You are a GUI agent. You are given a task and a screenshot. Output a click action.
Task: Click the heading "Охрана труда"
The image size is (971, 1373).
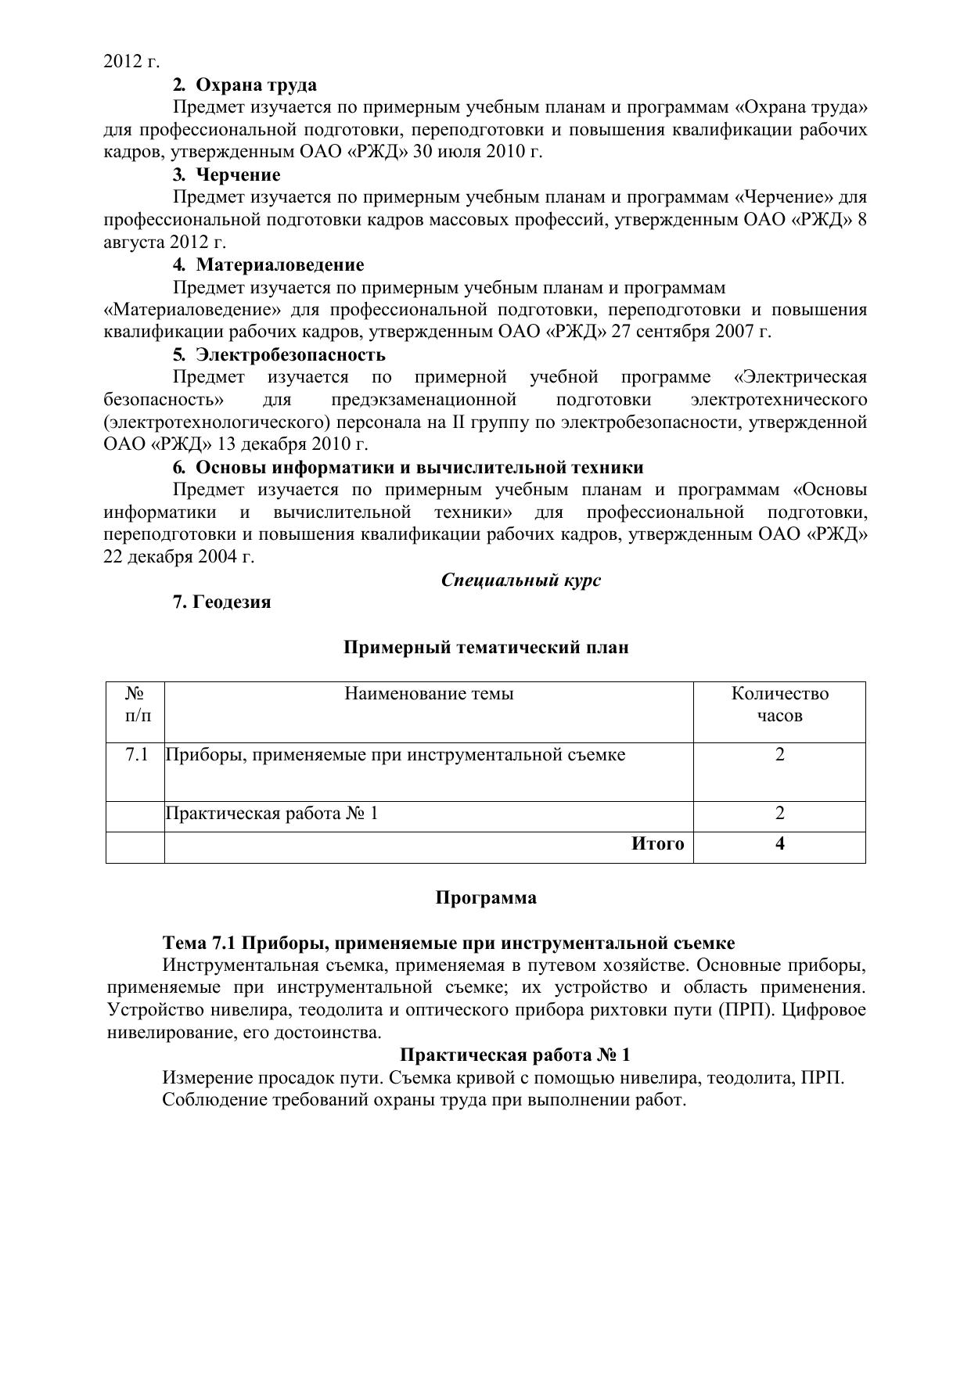[x=255, y=84]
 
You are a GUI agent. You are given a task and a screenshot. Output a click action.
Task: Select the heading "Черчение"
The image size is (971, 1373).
[x=237, y=174]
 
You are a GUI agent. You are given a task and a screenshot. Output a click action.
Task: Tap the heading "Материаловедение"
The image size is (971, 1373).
[x=279, y=264]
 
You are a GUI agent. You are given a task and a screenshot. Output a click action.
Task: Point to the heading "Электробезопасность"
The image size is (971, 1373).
[x=290, y=354]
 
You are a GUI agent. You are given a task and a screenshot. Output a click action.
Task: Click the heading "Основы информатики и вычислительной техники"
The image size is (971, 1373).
[x=419, y=467]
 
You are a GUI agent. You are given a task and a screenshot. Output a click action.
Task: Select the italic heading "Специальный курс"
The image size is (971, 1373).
[x=520, y=580]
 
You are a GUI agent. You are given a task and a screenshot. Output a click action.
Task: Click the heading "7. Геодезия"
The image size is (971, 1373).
[x=221, y=602]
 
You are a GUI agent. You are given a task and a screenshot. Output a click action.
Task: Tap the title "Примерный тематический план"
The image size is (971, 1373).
[x=486, y=647]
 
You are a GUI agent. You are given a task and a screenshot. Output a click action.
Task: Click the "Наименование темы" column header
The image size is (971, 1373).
[x=429, y=693]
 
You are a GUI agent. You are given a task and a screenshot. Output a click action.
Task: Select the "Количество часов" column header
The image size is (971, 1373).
[x=779, y=704]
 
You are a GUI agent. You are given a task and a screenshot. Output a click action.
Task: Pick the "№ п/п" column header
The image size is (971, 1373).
[x=135, y=704]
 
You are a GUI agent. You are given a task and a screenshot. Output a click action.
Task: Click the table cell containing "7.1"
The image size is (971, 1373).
[x=136, y=755]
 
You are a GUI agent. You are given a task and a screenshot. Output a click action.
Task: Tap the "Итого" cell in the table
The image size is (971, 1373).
[x=657, y=843]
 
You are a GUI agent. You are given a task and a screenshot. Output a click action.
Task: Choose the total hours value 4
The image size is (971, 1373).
[x=779, y=843]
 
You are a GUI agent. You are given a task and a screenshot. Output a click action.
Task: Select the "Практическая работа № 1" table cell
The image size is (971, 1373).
[x=272, y=814]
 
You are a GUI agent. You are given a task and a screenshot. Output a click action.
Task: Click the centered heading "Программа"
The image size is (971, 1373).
[x=486, y=897]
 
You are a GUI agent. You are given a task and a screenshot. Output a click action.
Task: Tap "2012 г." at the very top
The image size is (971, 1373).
[x=131, y=62]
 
